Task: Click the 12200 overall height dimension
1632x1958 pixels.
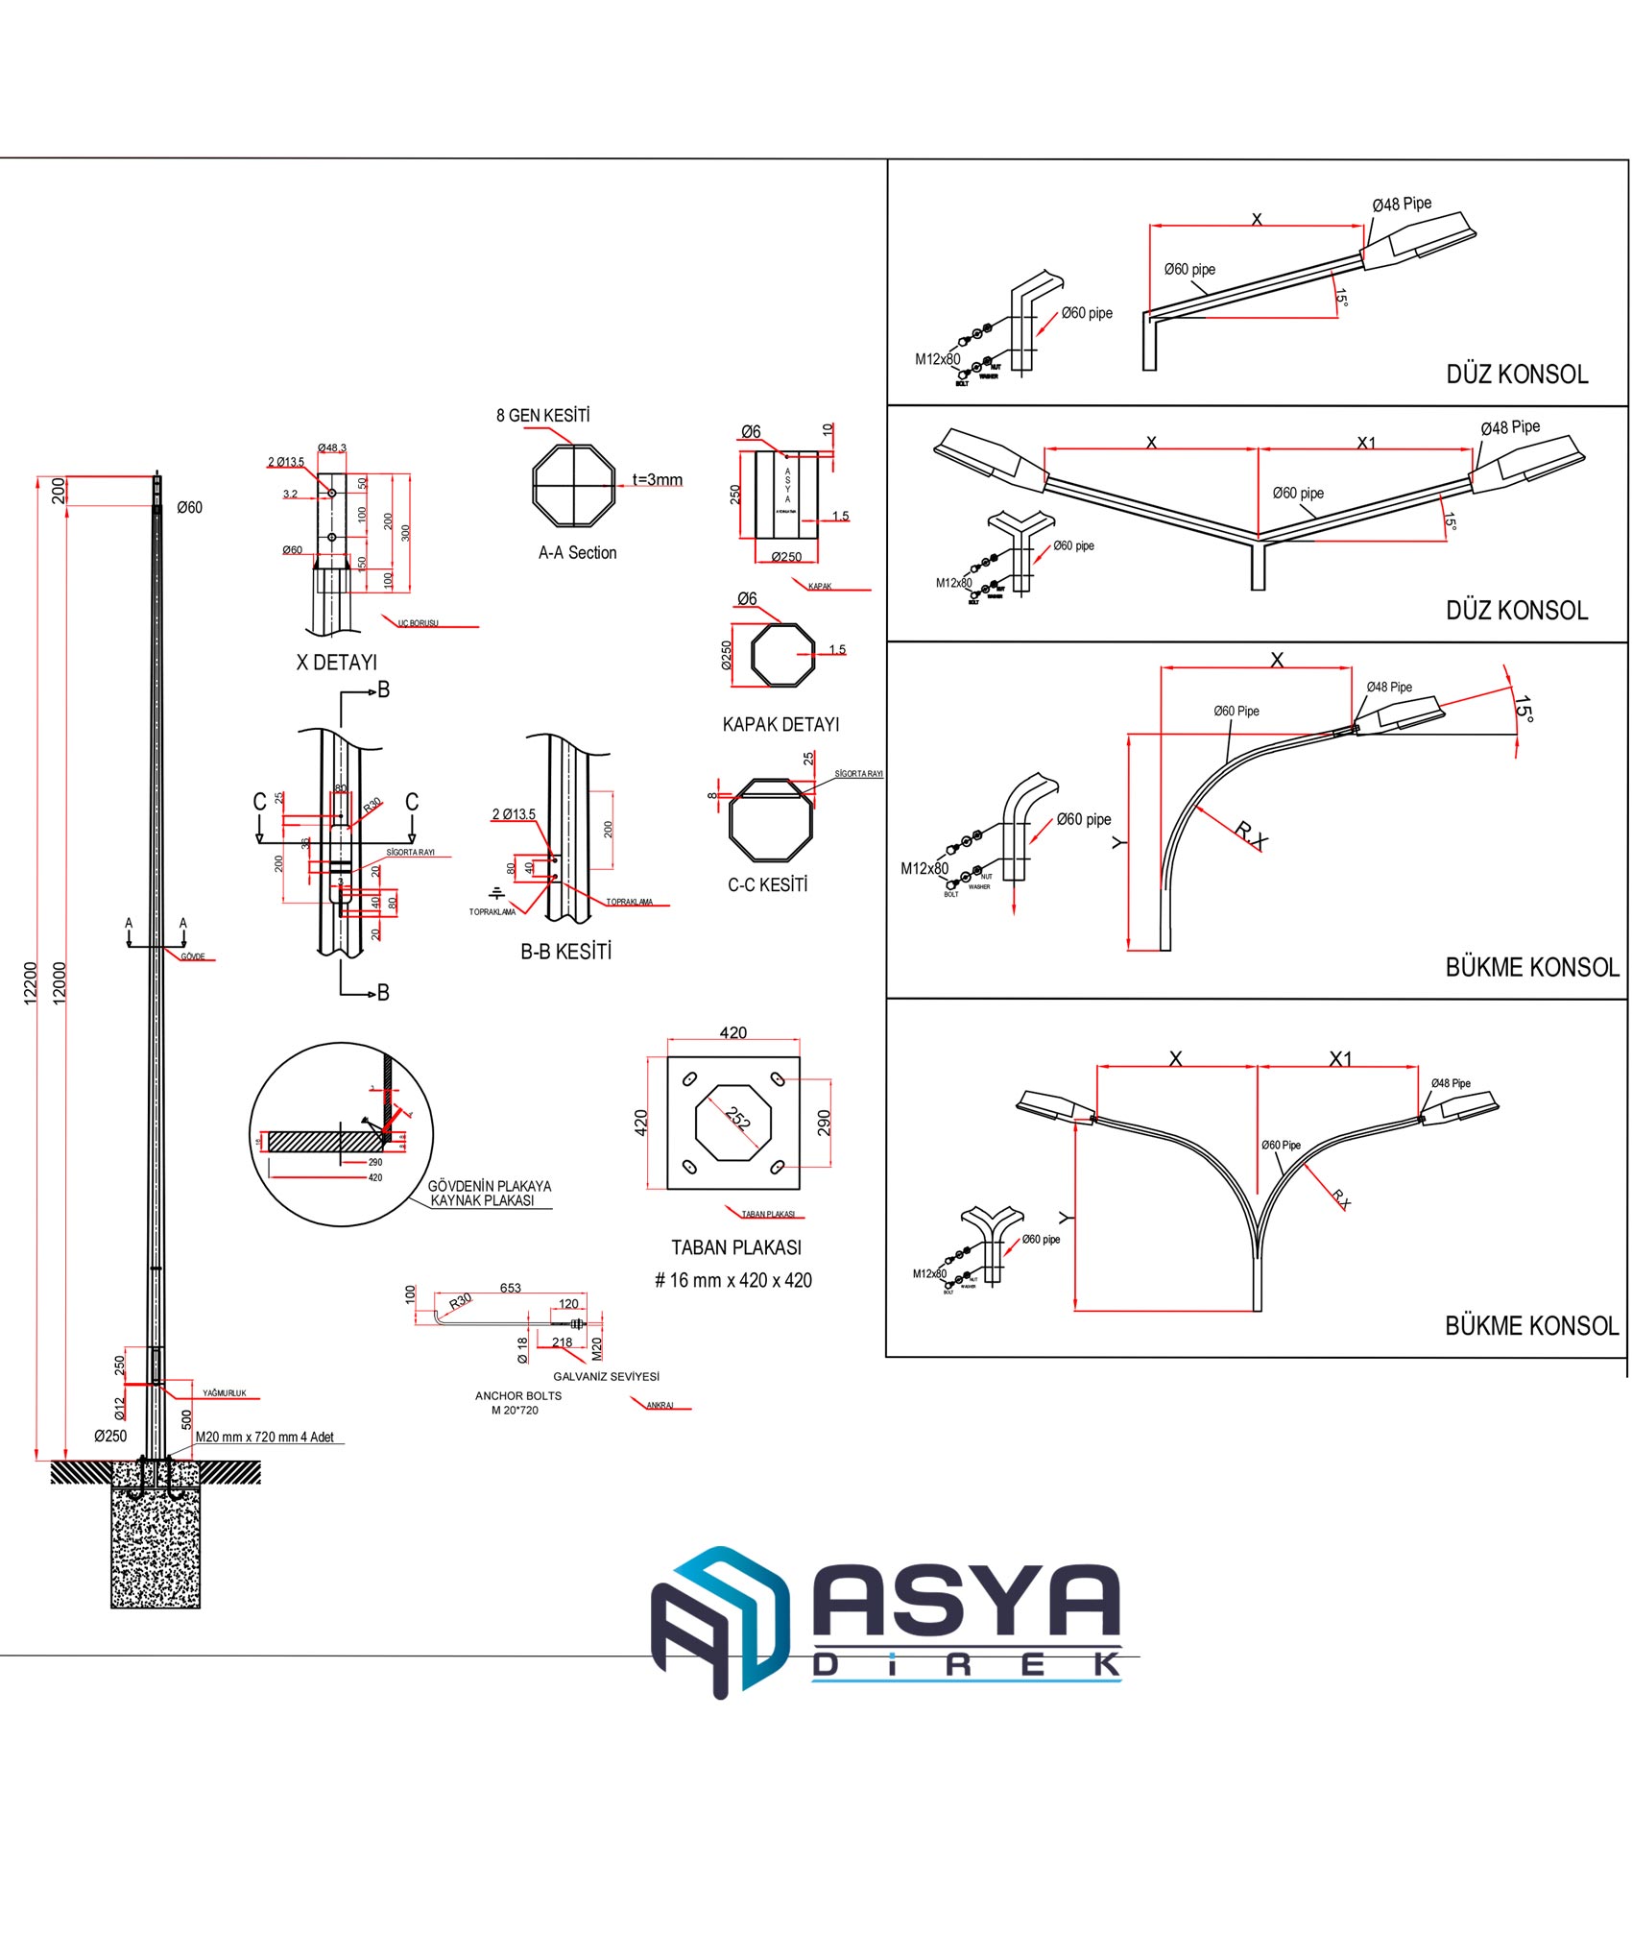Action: click(x=30, y=982)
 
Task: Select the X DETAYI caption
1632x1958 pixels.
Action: click(x=336, y=663)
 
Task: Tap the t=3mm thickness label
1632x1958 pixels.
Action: click(x=657, y=479)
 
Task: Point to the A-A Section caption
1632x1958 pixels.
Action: click(x=577, y=552)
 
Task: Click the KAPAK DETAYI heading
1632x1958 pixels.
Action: click(x=780, y=724)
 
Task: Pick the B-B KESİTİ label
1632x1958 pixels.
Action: click(x=565, y=952)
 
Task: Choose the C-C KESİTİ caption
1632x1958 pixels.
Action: click(x=767, y=884)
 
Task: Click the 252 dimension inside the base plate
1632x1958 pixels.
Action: click(x=737, y=1118)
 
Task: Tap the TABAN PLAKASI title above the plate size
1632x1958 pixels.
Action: click(x=735, y=1247)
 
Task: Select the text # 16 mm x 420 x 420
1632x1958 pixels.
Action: click(x=732, y=1280)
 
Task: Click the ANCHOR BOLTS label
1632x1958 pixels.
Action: click(x=518, y=1395)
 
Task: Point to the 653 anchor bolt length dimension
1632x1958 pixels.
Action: click(x=510, y=1288)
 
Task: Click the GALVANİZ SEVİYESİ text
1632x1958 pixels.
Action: click(x=606, y=1376)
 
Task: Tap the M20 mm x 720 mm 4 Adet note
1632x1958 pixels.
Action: click(x=265, y=1437)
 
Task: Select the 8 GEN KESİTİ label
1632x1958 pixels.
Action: click(x=542, y=415)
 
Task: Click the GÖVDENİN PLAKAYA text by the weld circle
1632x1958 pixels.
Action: click(x=489, y=1186)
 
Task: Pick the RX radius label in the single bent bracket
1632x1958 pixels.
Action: click(x=1250, y=834)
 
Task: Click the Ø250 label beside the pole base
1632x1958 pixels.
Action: click(x=110, y=1436)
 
